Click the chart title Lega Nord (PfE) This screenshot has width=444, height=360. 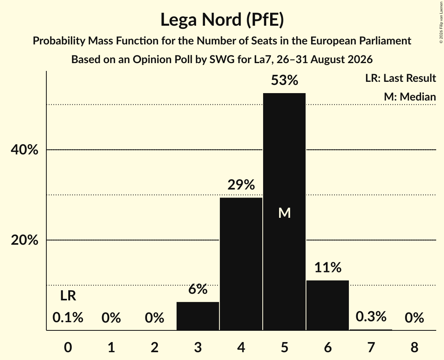(x=222, y=20)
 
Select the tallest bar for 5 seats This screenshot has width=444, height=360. (x=284, y=212)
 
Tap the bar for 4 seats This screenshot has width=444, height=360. (x=241, y=264)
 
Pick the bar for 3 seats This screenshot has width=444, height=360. (x=198, y=316)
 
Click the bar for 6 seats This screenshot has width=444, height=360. (x=327, y=305)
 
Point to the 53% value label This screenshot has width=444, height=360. (x=285, y=80)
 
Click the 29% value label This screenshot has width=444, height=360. (x=241, y=185)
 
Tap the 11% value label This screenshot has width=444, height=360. (x=328, y=267)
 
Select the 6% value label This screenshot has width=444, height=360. (x=198, y=289)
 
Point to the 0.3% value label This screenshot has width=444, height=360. (x=371, y=316)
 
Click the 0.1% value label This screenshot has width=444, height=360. (x=68, y=318)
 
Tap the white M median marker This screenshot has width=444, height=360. (x=285, y=213)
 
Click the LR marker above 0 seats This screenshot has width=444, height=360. (x=68, y=296)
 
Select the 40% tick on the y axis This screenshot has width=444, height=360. (x=24, y=150)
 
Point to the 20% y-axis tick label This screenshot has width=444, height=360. (x=24, y=240)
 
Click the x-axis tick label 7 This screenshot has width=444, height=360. (x=371, y=347)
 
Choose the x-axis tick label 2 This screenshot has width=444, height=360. (x=155, y=347)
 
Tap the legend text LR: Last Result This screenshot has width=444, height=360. (x=400, y=78)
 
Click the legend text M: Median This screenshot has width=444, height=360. (x=410, y=97)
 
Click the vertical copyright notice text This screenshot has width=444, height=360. (x=441, y=22)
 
